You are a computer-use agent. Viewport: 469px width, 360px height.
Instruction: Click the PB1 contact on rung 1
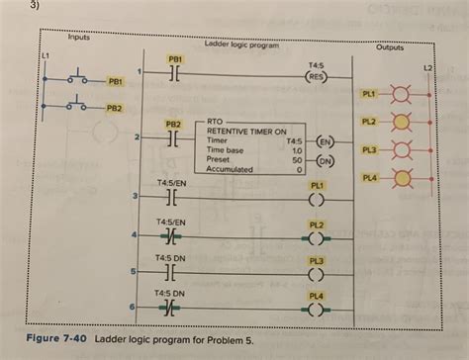(172, 73)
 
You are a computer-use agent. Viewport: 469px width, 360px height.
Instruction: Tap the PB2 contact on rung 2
(172, 139)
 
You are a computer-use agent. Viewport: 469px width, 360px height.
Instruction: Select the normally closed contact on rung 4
(172, 237)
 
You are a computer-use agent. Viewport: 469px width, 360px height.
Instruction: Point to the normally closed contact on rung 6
(172, 309)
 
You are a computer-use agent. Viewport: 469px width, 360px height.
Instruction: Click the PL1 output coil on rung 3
(318, 199)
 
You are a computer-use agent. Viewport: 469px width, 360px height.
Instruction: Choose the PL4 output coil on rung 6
(318, 309)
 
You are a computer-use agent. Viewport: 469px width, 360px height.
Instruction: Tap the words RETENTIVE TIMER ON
(246, 131)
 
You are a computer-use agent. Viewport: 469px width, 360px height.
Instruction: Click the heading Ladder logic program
(241, 45)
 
